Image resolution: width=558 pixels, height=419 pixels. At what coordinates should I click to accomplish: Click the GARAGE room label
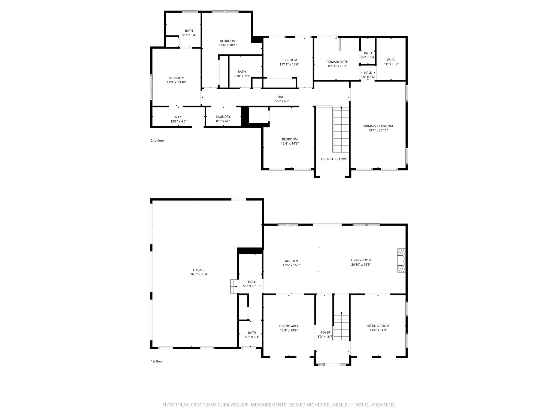point(199,270)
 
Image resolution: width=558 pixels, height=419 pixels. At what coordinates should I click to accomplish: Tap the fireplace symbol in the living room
point(401,261)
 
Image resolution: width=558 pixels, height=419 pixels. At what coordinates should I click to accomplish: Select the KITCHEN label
point(291,261)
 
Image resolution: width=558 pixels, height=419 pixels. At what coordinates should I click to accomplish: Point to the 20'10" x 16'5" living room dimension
point(361,265)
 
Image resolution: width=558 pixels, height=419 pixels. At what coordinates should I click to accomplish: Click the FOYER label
point(325,332)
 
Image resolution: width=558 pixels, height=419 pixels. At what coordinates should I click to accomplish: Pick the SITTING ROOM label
point(378,326)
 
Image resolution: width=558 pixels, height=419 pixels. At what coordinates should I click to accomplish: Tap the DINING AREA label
point(289,326)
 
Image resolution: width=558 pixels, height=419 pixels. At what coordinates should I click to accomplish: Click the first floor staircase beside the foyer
point(341,326)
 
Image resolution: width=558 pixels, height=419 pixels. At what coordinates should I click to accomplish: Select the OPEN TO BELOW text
point(333,159)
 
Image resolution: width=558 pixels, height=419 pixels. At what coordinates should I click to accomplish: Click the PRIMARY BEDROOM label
point(378,126)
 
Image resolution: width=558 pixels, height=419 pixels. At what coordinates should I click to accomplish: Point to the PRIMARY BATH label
point(337,62)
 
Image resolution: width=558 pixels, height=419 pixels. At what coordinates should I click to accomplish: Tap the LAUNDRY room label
point(223,116)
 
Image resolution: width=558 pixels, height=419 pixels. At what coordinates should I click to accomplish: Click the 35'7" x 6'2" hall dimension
point(281,101)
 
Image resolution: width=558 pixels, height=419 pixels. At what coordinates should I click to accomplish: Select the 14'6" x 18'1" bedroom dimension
point(228,45)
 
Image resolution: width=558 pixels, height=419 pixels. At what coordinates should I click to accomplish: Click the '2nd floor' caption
point(157,140)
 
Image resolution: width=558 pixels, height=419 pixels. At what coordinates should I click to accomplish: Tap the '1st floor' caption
point(157,361)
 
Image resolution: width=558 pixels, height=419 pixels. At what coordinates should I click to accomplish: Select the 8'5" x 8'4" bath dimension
point(189,35)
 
